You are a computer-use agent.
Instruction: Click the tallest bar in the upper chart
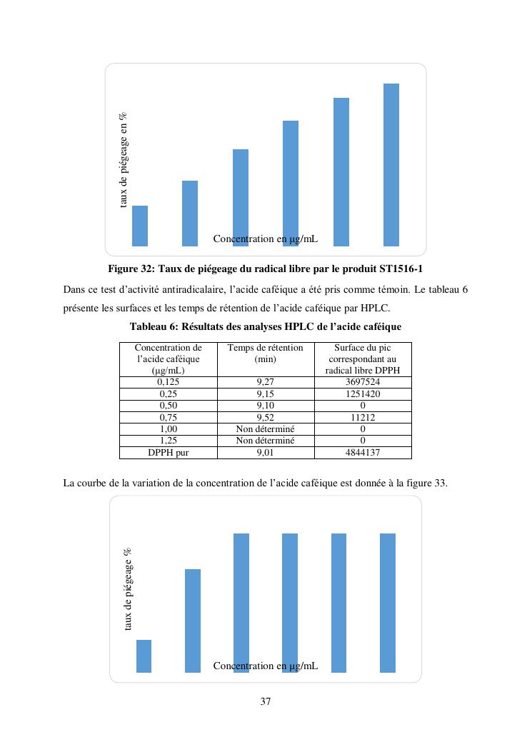pyautogui.click(x=391, y=164)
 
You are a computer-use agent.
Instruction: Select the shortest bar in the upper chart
pyautogui.click(x=140, y=226)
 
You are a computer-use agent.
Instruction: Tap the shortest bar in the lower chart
pyautogui.click(x=144, y=656)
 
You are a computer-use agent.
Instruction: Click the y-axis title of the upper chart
pyautogui.click(x=123, y=160)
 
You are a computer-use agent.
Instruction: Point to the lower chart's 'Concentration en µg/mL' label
pyautogui.click(x=265, y=666)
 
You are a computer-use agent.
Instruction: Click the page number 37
pyautogui.click(x=265, y=701)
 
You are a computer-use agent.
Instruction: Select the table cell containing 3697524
pyautogui.click(x=363, y=382)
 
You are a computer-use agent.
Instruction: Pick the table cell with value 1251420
pyautogui.click(x=363, y=393)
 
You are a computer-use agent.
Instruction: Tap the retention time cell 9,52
pyautogui.click(x=265, y=418)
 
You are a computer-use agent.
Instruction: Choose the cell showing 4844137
pyautogui.click(x=363, y=452)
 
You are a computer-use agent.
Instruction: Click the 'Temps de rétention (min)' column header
pyautogui.click(x=265, y=354)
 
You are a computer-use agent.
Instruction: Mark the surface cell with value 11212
pyautogui.click(x=363, y=418)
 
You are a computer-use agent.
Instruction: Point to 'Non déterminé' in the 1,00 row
pyautogui.click(x=265, y=429)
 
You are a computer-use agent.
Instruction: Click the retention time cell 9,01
pyautogui.click(x=265, y=452)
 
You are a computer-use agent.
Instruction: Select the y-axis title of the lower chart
pyautogui.click(x=128, y=588)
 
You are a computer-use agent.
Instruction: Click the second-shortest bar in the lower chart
pyautogui.click(x=193, y=620)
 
